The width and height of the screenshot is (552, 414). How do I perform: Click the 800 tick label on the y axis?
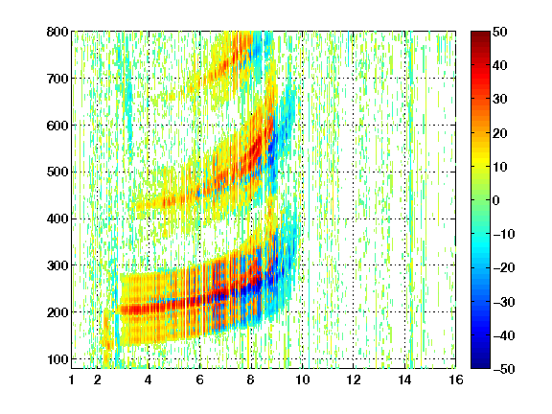coord(57,32)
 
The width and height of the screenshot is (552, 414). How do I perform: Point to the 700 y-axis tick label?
coord(57,79)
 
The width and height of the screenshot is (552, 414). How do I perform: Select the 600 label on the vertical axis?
coord(57,126)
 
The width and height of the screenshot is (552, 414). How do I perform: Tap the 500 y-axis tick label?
coord(57,172)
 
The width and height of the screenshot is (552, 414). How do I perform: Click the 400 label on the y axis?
coord(57,218)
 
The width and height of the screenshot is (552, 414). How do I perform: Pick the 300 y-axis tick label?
coord(57,265)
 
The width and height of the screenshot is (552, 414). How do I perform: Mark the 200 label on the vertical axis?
coord(57,312)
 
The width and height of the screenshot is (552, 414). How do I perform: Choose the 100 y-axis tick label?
coord(57,359)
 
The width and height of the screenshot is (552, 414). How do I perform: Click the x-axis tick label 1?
coord(72,379)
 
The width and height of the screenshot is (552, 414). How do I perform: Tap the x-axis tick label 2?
coord(98,379)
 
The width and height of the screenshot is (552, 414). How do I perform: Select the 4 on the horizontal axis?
coord(149,379)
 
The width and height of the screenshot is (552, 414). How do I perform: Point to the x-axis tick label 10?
coord(302,379)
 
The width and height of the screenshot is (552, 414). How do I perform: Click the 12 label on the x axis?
coord(354,379)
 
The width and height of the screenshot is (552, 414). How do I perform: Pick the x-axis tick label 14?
coord(404,379)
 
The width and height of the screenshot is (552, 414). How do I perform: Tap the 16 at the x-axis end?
coord(456,379)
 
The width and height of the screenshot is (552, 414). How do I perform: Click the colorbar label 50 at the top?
coord(500,32)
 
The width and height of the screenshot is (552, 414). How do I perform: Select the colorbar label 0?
coord(496,200)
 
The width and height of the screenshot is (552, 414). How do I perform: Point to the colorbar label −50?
coord(504,369)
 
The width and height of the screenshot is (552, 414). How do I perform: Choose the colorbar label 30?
coord(500,100)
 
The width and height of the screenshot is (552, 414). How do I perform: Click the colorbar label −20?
coord(504,267)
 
